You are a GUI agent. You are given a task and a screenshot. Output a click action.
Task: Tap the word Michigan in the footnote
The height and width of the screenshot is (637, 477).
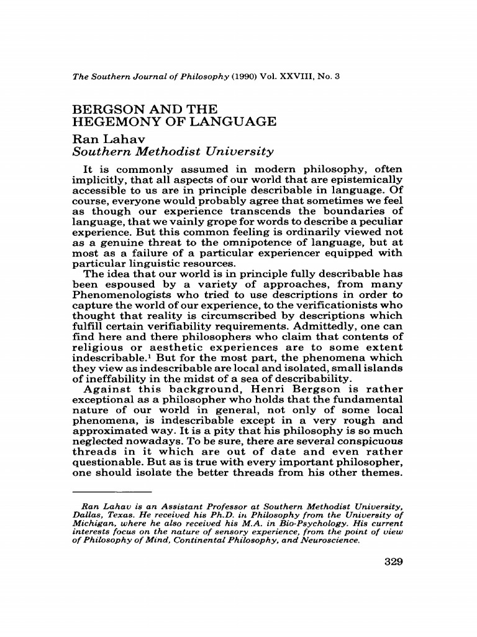(94, 521)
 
